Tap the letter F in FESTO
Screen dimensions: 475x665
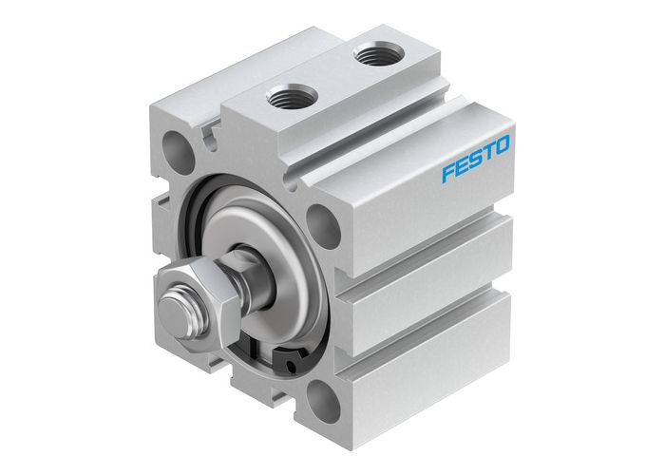pos(447,174)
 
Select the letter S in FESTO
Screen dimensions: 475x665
pos(473,160)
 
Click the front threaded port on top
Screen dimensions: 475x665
pos(289,96)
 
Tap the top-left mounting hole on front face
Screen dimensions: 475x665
pos(178,149)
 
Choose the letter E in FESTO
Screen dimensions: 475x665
pos(460,167)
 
